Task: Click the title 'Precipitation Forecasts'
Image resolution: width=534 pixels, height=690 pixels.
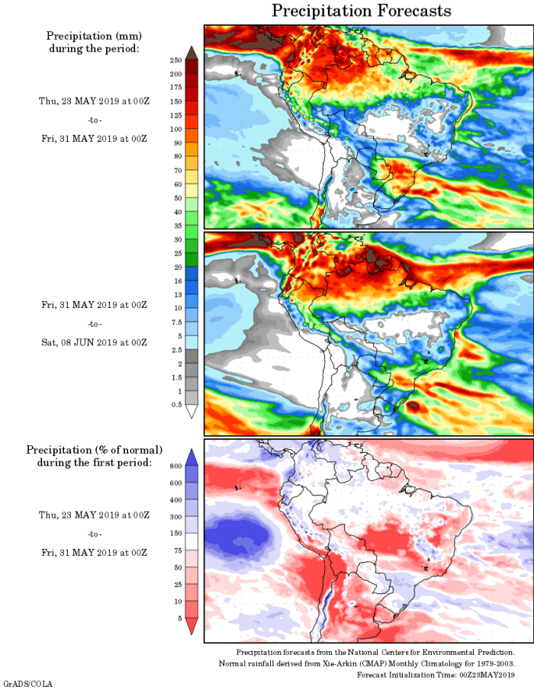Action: tap(362, 11)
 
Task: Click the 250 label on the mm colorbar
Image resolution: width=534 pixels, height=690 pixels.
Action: tap(175, 59)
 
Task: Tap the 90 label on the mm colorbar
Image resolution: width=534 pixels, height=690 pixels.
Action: tap(177, 143)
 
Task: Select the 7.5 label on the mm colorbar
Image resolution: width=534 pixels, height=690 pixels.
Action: tap(176, 322)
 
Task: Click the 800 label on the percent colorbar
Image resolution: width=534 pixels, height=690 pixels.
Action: tap(175, 466)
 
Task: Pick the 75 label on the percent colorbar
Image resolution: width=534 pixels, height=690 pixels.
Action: tap(176, 550)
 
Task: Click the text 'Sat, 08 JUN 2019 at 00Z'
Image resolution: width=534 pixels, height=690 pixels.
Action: tap(94, 342)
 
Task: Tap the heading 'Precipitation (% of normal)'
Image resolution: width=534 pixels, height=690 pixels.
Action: tap(95, 450)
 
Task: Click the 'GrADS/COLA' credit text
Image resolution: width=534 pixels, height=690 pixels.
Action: tap(27, 684)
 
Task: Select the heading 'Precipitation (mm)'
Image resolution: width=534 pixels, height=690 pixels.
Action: tap(94, 36)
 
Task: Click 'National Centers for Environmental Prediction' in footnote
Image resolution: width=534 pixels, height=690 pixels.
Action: tap(429, 653)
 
